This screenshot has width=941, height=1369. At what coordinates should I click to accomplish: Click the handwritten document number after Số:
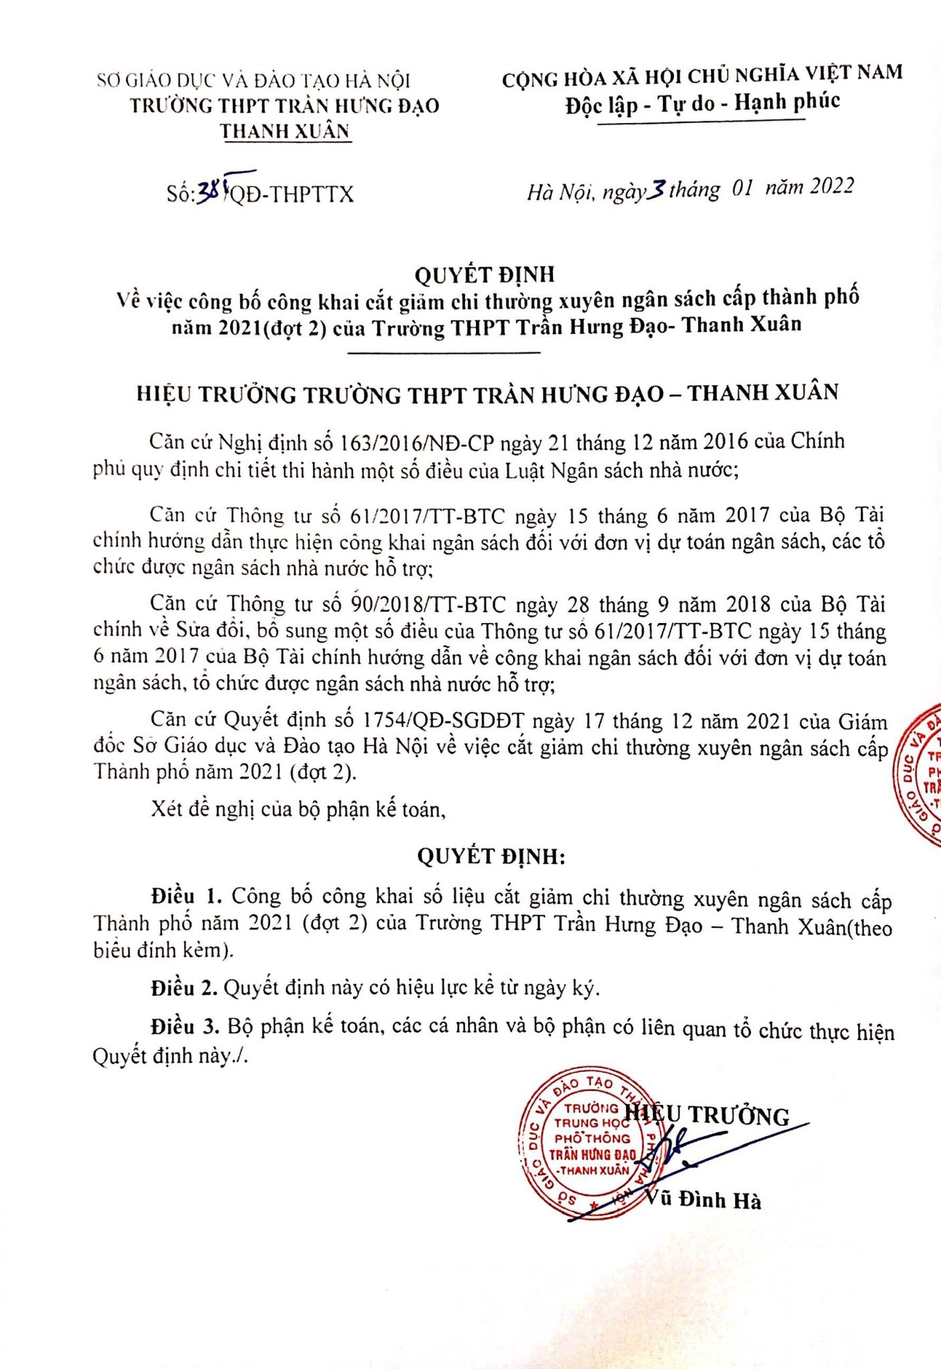tap(212, 193)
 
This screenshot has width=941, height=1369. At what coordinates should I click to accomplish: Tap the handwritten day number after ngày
tap(657, 191)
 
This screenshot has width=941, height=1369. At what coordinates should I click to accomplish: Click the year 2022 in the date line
tap(831, 186)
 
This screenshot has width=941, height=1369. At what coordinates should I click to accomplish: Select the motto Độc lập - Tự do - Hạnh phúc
tap(702, 104)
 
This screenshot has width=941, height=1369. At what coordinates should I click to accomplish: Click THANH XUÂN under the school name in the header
tap(286, 131)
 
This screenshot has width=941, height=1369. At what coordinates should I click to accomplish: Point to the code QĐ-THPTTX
tap(292, 195)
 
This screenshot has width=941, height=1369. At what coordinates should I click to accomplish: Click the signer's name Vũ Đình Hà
tap(704, 1201)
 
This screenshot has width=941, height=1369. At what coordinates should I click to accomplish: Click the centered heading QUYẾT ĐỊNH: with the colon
tap(491, 856)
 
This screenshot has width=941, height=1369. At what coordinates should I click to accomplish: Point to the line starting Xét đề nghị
tap(298, 810)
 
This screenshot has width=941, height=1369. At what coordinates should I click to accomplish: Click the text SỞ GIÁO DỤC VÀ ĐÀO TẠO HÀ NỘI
tap(253, 81)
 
